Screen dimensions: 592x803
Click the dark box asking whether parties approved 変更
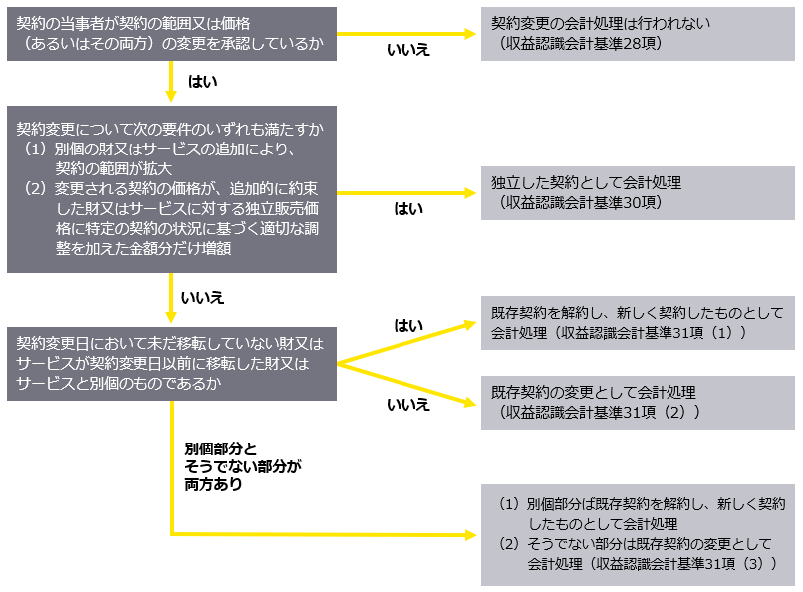(171, 34)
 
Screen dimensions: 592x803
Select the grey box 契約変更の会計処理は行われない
(638, 34)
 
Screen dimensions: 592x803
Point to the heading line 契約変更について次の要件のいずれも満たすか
(169, 130)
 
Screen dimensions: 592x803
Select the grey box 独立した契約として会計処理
(638, 192)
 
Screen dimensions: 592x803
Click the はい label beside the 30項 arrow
(408, 208)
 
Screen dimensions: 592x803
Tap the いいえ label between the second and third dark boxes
(202, 298)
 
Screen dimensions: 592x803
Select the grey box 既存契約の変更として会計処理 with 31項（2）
(638, 402)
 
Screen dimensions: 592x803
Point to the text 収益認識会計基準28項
(588, 45)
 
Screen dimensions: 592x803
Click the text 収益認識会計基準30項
(588, 203)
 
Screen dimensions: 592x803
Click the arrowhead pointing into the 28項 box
(473, 34)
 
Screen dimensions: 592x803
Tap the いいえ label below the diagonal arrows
(407, 405)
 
